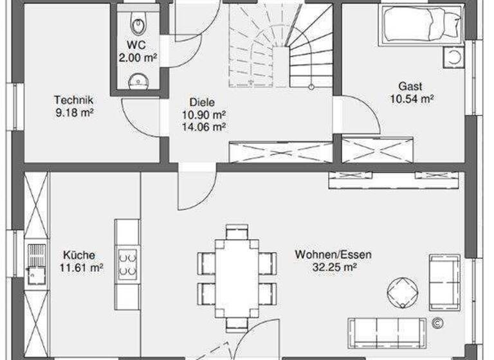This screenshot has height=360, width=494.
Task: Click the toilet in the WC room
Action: point(137,24)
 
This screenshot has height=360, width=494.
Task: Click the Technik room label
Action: point(74,105)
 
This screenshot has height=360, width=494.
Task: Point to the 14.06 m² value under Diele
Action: point(203,127)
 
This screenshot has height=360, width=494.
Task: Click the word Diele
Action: point(202,102)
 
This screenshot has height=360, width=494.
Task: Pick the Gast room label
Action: point(411,86)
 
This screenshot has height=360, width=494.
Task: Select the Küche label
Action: point(79,255)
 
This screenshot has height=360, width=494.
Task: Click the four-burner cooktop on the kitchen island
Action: point(128,263)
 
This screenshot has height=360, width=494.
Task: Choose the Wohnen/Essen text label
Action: point(333,255)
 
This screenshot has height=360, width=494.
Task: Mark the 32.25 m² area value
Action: point(333,267)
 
